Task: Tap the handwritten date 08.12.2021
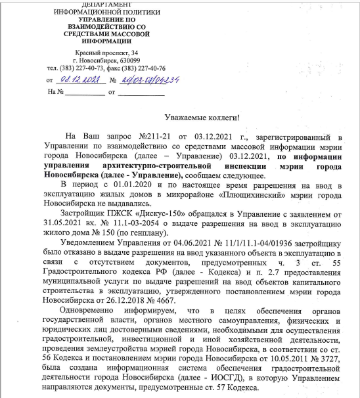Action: (79, 80)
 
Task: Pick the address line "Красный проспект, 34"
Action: (106, 53)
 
